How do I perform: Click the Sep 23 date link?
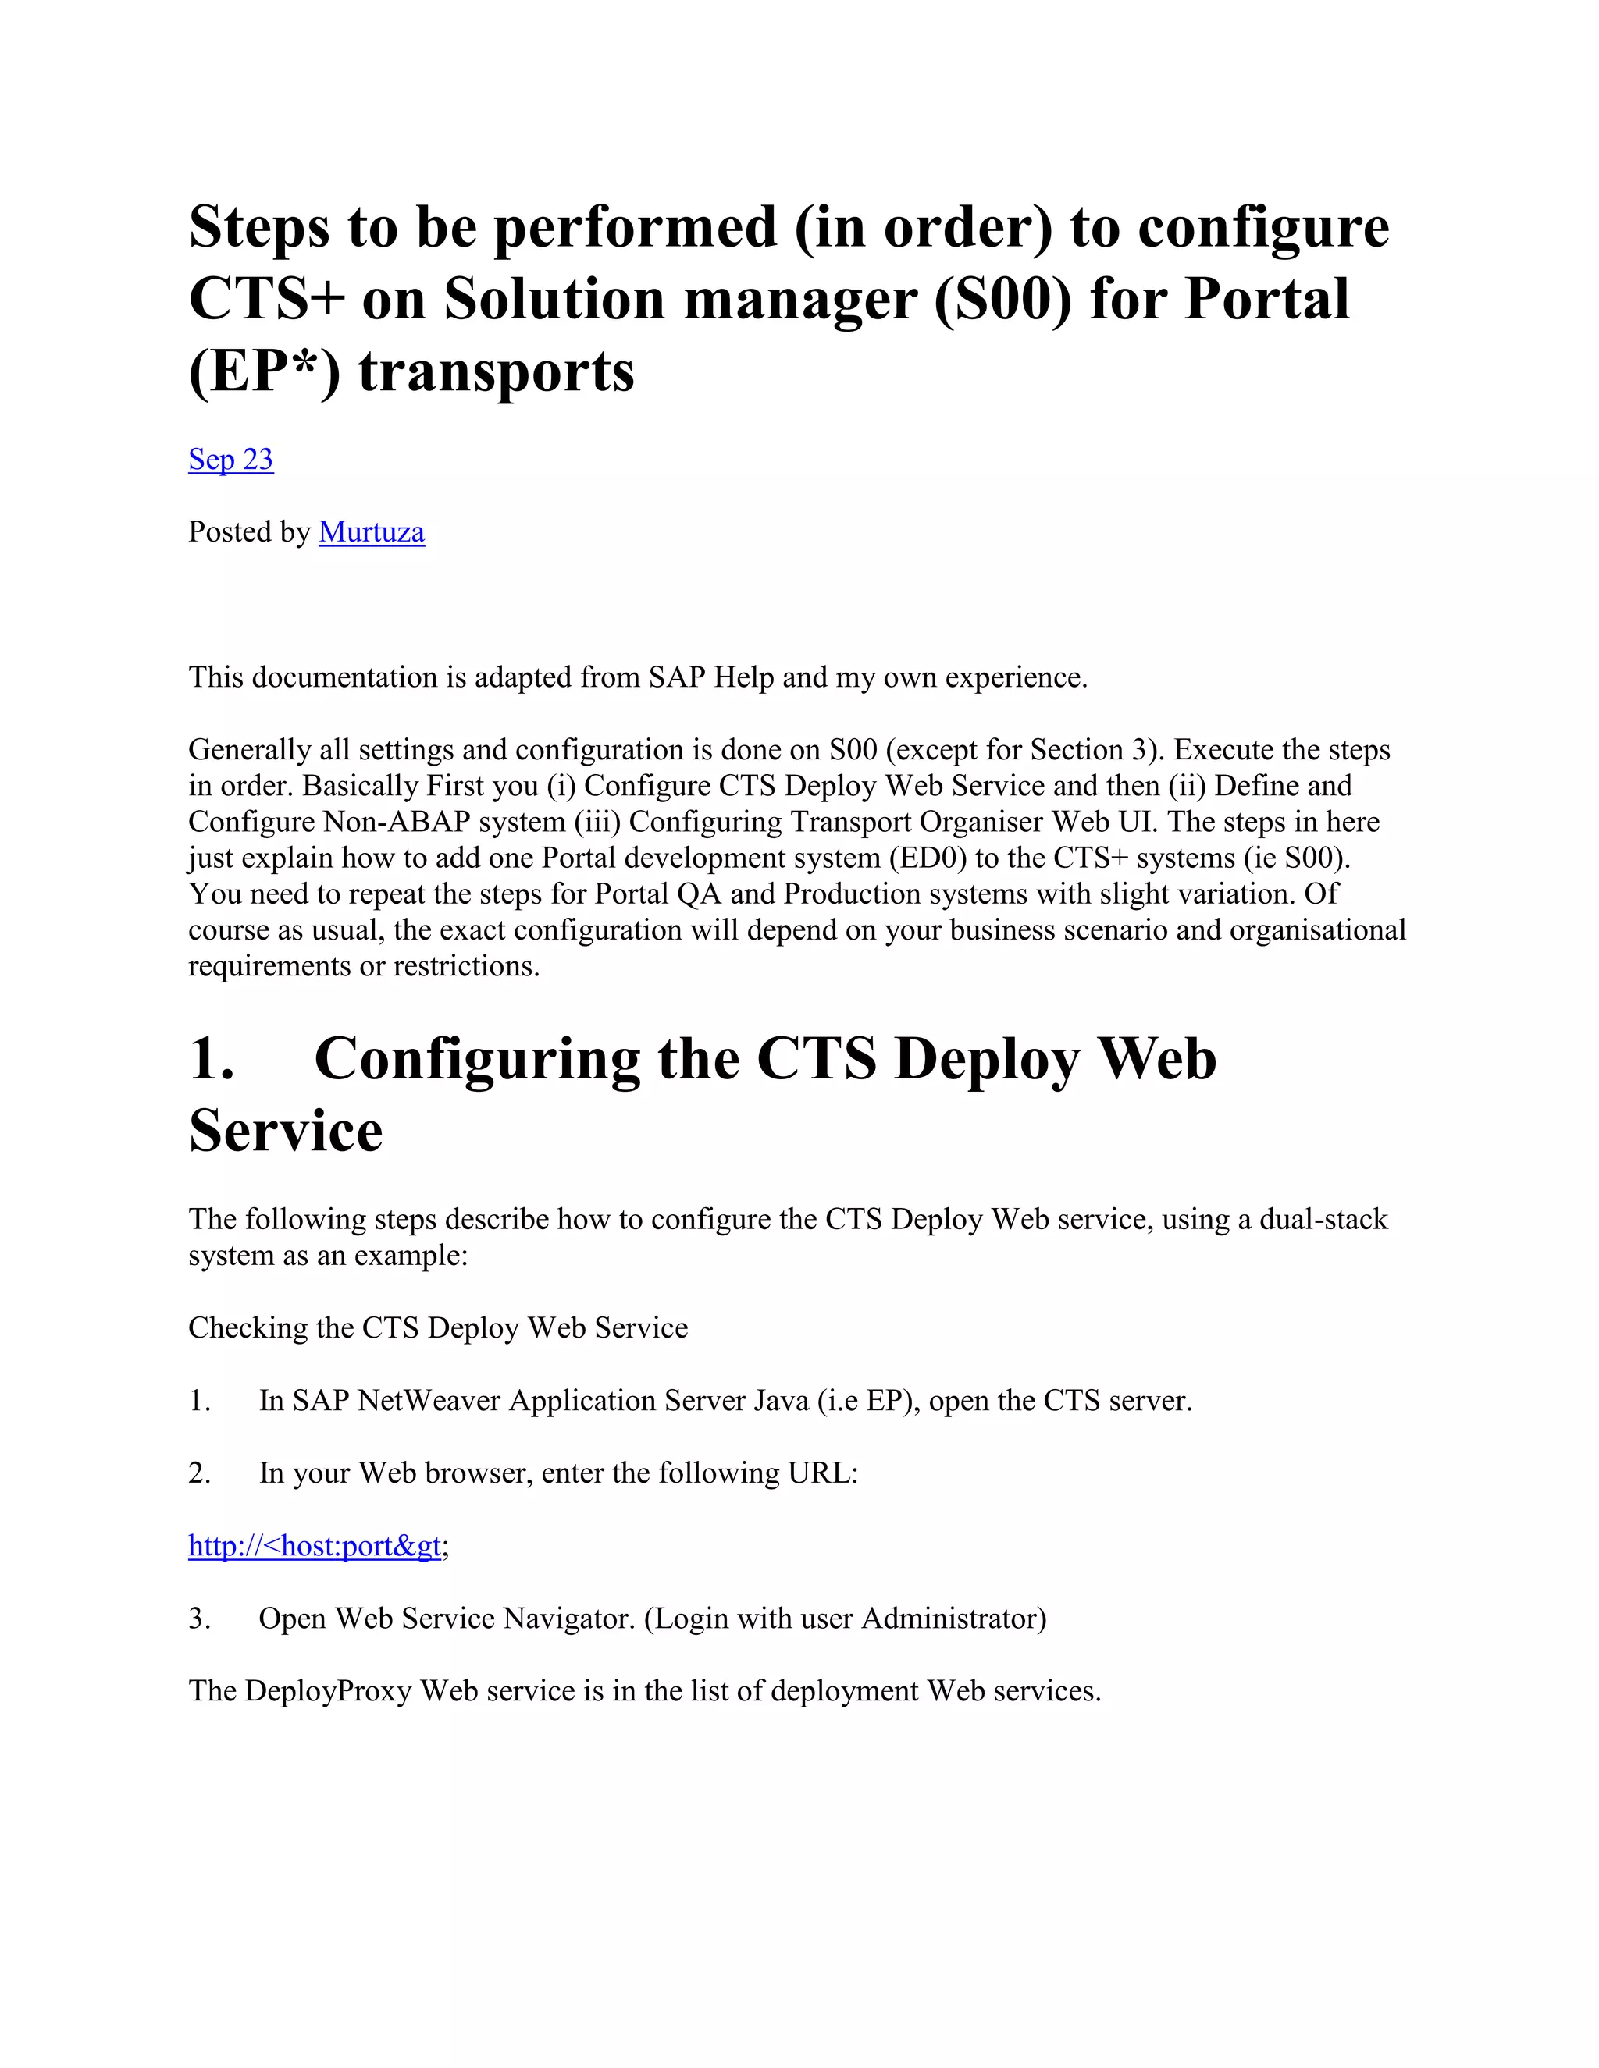pos(230,459)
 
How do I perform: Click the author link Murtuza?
pos(372,532)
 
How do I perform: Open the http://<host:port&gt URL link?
pos(315,1546)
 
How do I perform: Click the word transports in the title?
pos(497,372)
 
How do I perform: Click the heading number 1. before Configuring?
pos(212,1059)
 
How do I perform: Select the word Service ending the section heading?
pos(285,1131)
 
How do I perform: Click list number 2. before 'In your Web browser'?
pos(199,1473)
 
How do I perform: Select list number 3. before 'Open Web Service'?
pos(199,1619)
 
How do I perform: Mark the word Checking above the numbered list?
pos(248,1328)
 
